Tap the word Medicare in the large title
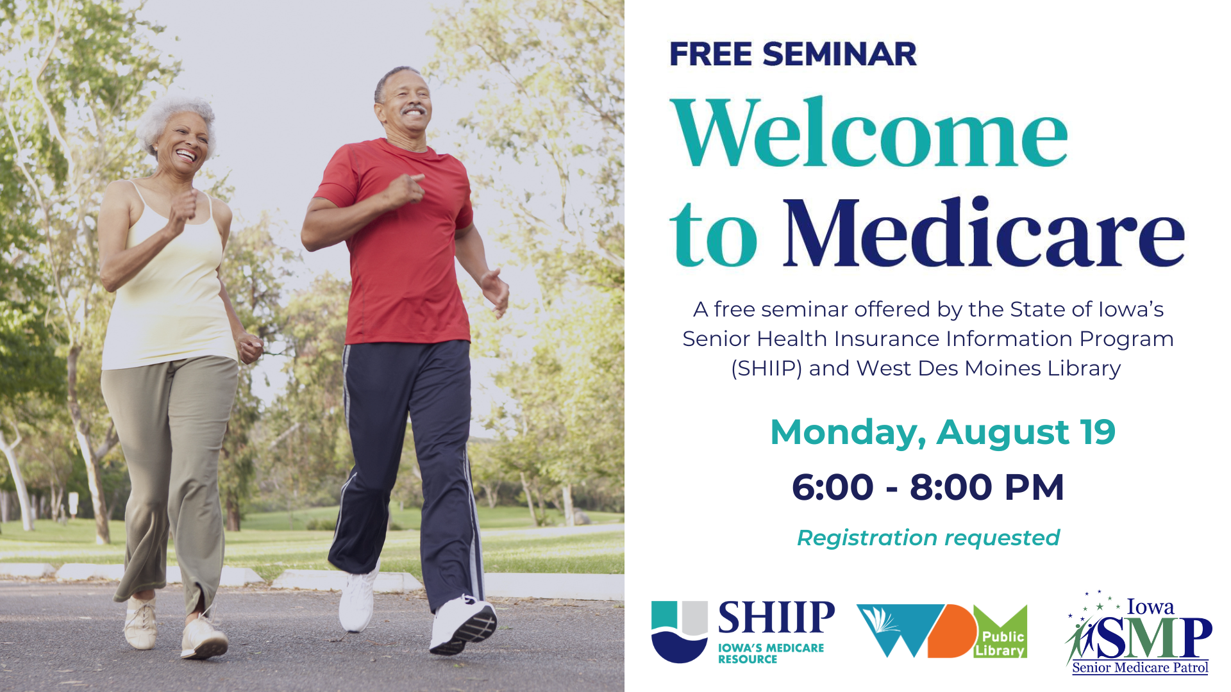coord(984,232)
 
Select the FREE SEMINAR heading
coord(793,54)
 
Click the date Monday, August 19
coord(942,433)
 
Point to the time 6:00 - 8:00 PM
coord(928,487)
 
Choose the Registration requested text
coord(928,538)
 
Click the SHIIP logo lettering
coord(776,617)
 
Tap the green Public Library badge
coord(1000,631)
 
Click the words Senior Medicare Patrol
coord(1140,668)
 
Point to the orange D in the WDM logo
coord(951,631)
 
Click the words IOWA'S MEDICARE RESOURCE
coord(771,654)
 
